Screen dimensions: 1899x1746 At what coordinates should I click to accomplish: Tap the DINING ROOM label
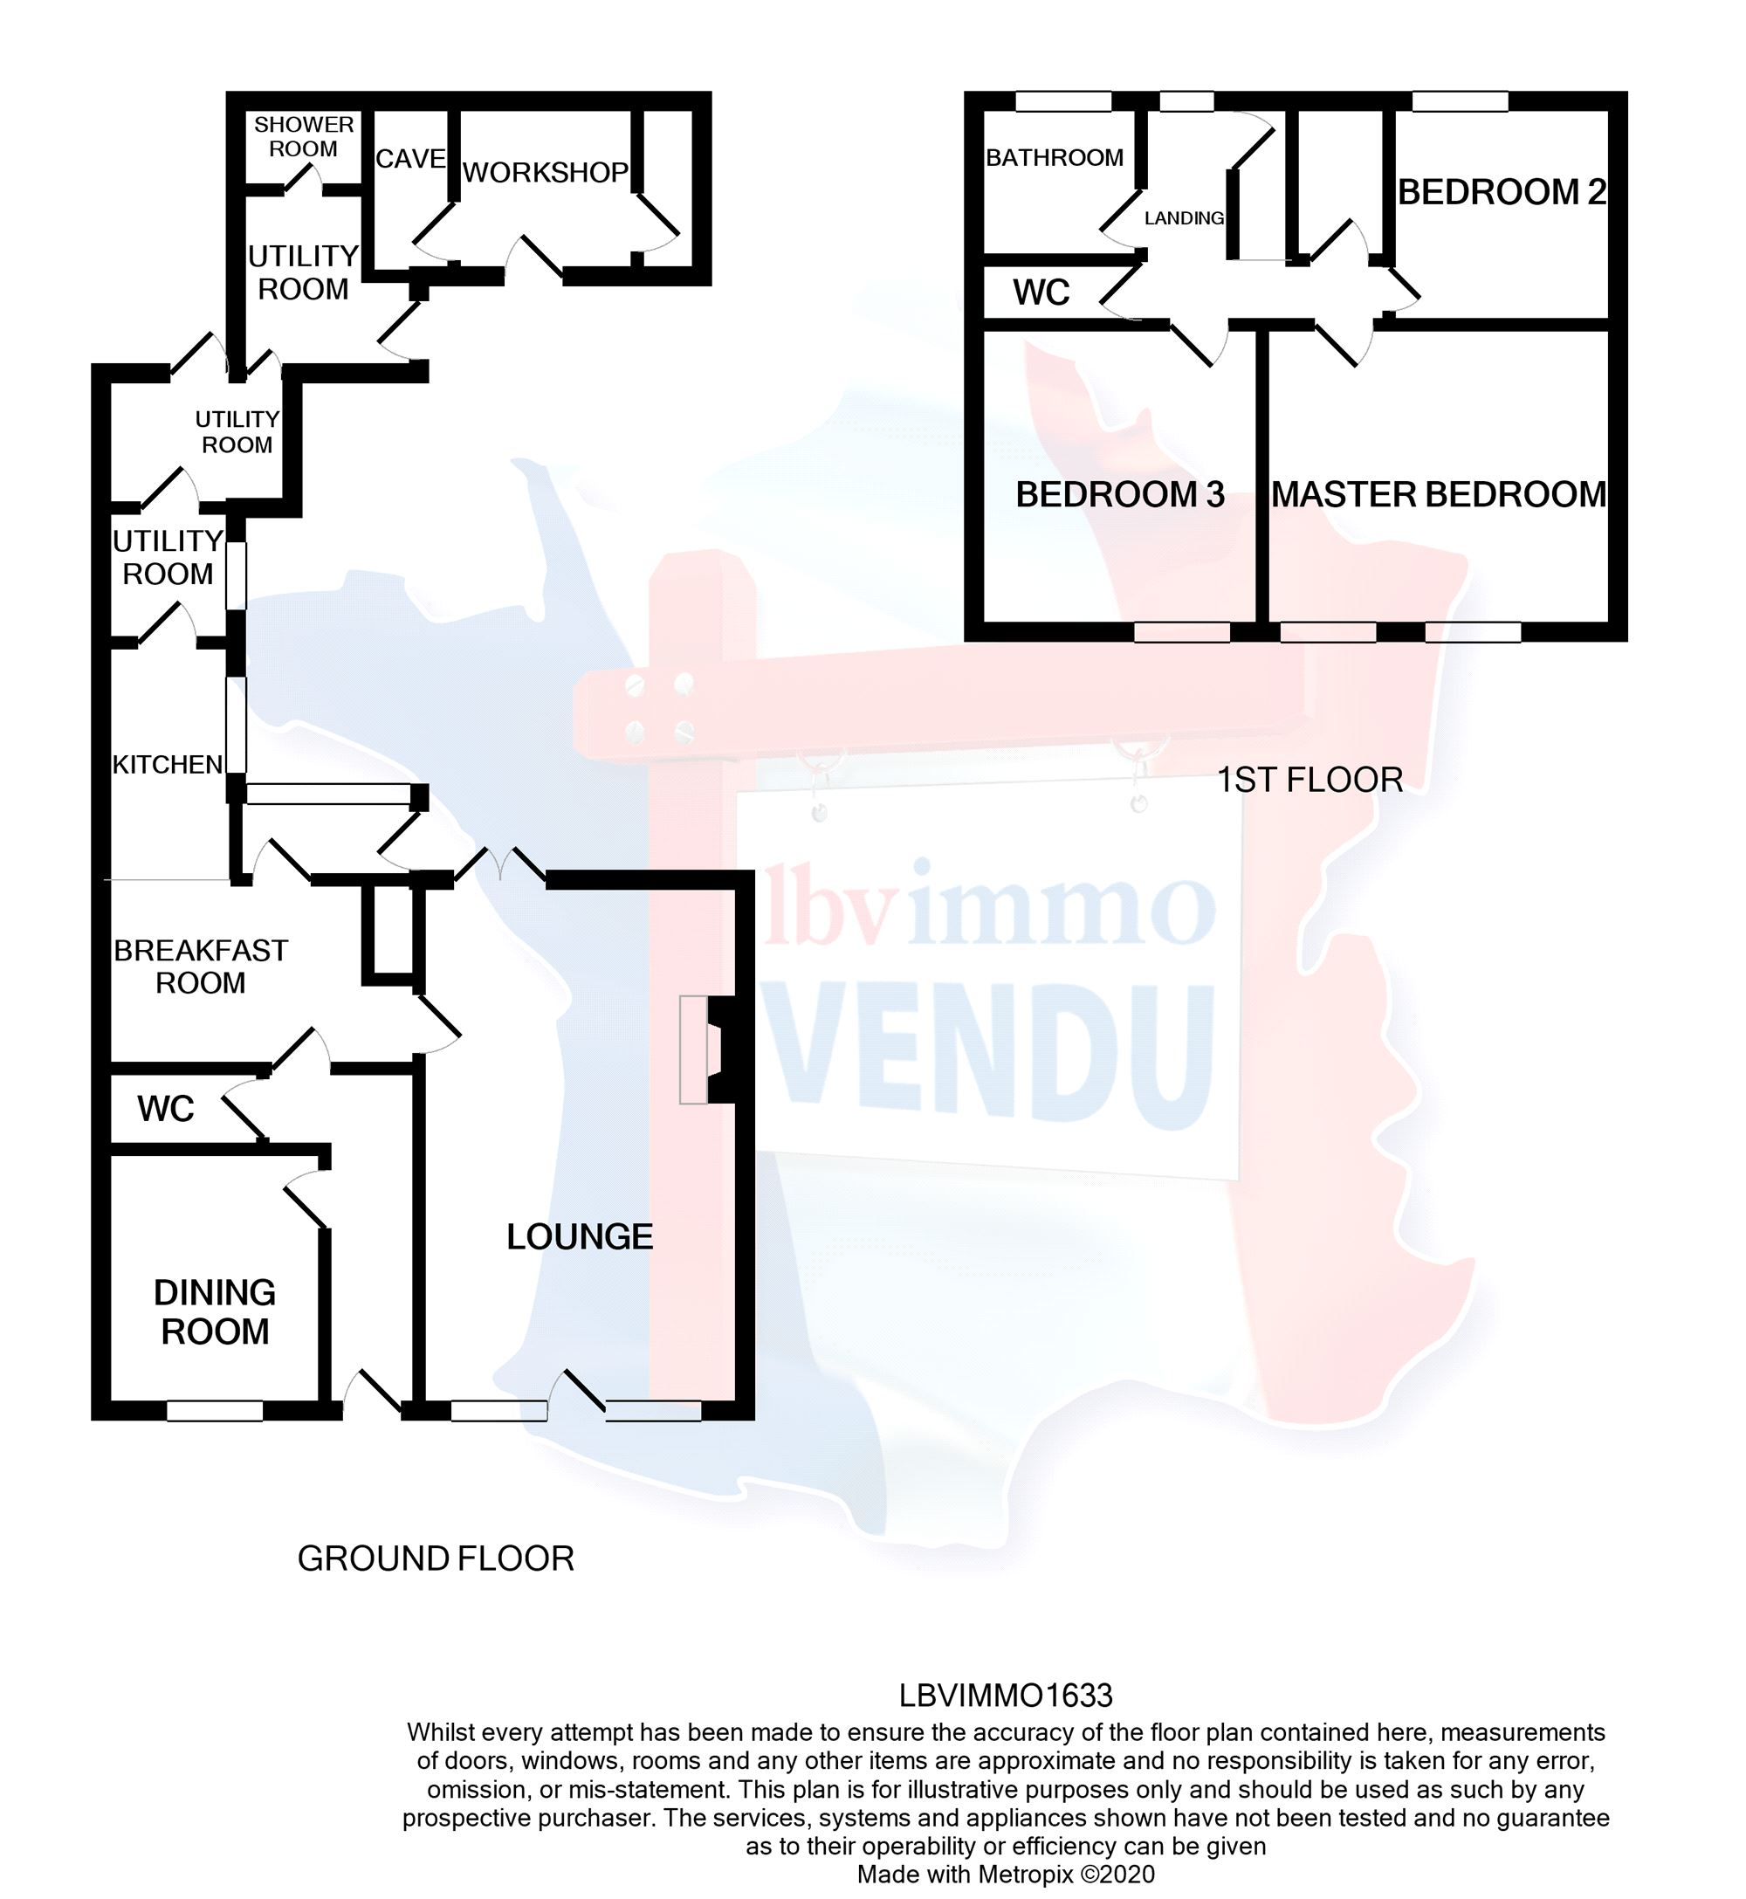click(x=215, y=1312)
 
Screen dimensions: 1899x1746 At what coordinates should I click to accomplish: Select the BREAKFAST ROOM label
click(x=200, y=967)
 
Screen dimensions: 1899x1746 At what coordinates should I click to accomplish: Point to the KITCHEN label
click(x=168, y=764)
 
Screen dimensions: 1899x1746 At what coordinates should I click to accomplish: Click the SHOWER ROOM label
click(x=303, y=137)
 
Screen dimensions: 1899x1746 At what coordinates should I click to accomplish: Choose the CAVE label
click(x=410, y=159)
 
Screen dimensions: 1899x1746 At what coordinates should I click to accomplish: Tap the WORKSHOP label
click(x=545, y=172)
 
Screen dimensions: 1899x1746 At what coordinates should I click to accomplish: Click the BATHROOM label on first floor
click(x=1055, y=158)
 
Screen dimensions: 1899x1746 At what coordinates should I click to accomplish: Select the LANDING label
click(x=1184, y=218)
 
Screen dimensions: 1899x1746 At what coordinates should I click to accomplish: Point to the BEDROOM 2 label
click(x=1502, y=193)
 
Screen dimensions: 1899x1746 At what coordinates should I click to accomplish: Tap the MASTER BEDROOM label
click(x=1438, y=494)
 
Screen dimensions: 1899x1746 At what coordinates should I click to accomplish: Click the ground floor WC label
click(x=165, y=1109)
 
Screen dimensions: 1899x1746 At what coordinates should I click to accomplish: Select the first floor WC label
click(x=1041, y=292)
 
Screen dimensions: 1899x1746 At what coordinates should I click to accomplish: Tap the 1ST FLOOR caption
click(x=1309, y=781)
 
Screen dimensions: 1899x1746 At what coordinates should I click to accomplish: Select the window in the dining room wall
click(x=215, y=1411)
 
